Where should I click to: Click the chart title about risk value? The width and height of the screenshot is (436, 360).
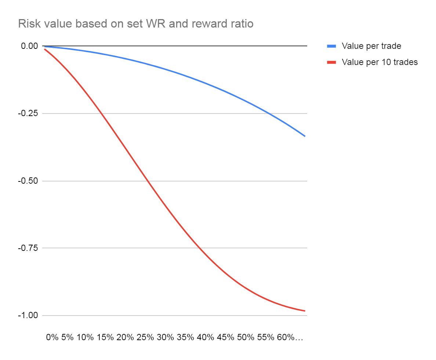click(136, 24)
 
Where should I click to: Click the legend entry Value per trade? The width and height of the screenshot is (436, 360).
click(371, 46)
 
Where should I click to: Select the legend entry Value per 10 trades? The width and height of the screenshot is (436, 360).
click(379, 62)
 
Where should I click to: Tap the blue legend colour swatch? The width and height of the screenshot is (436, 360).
click(331, 46)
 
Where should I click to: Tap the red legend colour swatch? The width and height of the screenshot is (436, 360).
click(331, 62)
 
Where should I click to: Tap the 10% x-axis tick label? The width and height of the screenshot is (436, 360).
click(85, 338)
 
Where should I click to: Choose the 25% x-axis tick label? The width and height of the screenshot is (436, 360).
click(145, 338)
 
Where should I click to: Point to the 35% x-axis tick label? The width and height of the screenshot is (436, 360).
click(185, 338)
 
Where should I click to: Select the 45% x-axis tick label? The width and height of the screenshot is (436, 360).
click(225, 338)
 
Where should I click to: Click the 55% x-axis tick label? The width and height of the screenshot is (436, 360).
click(265, 338)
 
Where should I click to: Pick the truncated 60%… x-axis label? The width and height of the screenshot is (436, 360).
click(290, 338)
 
